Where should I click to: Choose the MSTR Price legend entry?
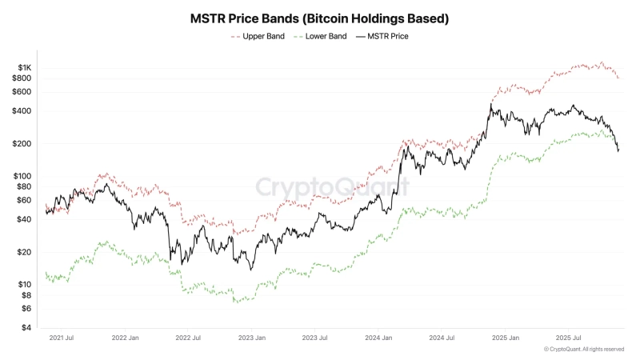pos(387,37)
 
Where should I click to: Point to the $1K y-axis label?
pos(22,67)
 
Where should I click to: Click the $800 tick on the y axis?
pos(21,78)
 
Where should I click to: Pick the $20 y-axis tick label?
pos(22,252)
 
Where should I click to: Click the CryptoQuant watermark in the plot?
pos(332,187)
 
